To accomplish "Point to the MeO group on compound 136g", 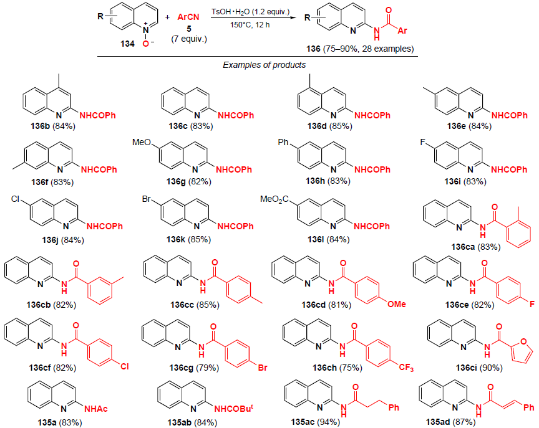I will (142, 144).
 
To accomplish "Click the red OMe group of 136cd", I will (396, 304).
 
